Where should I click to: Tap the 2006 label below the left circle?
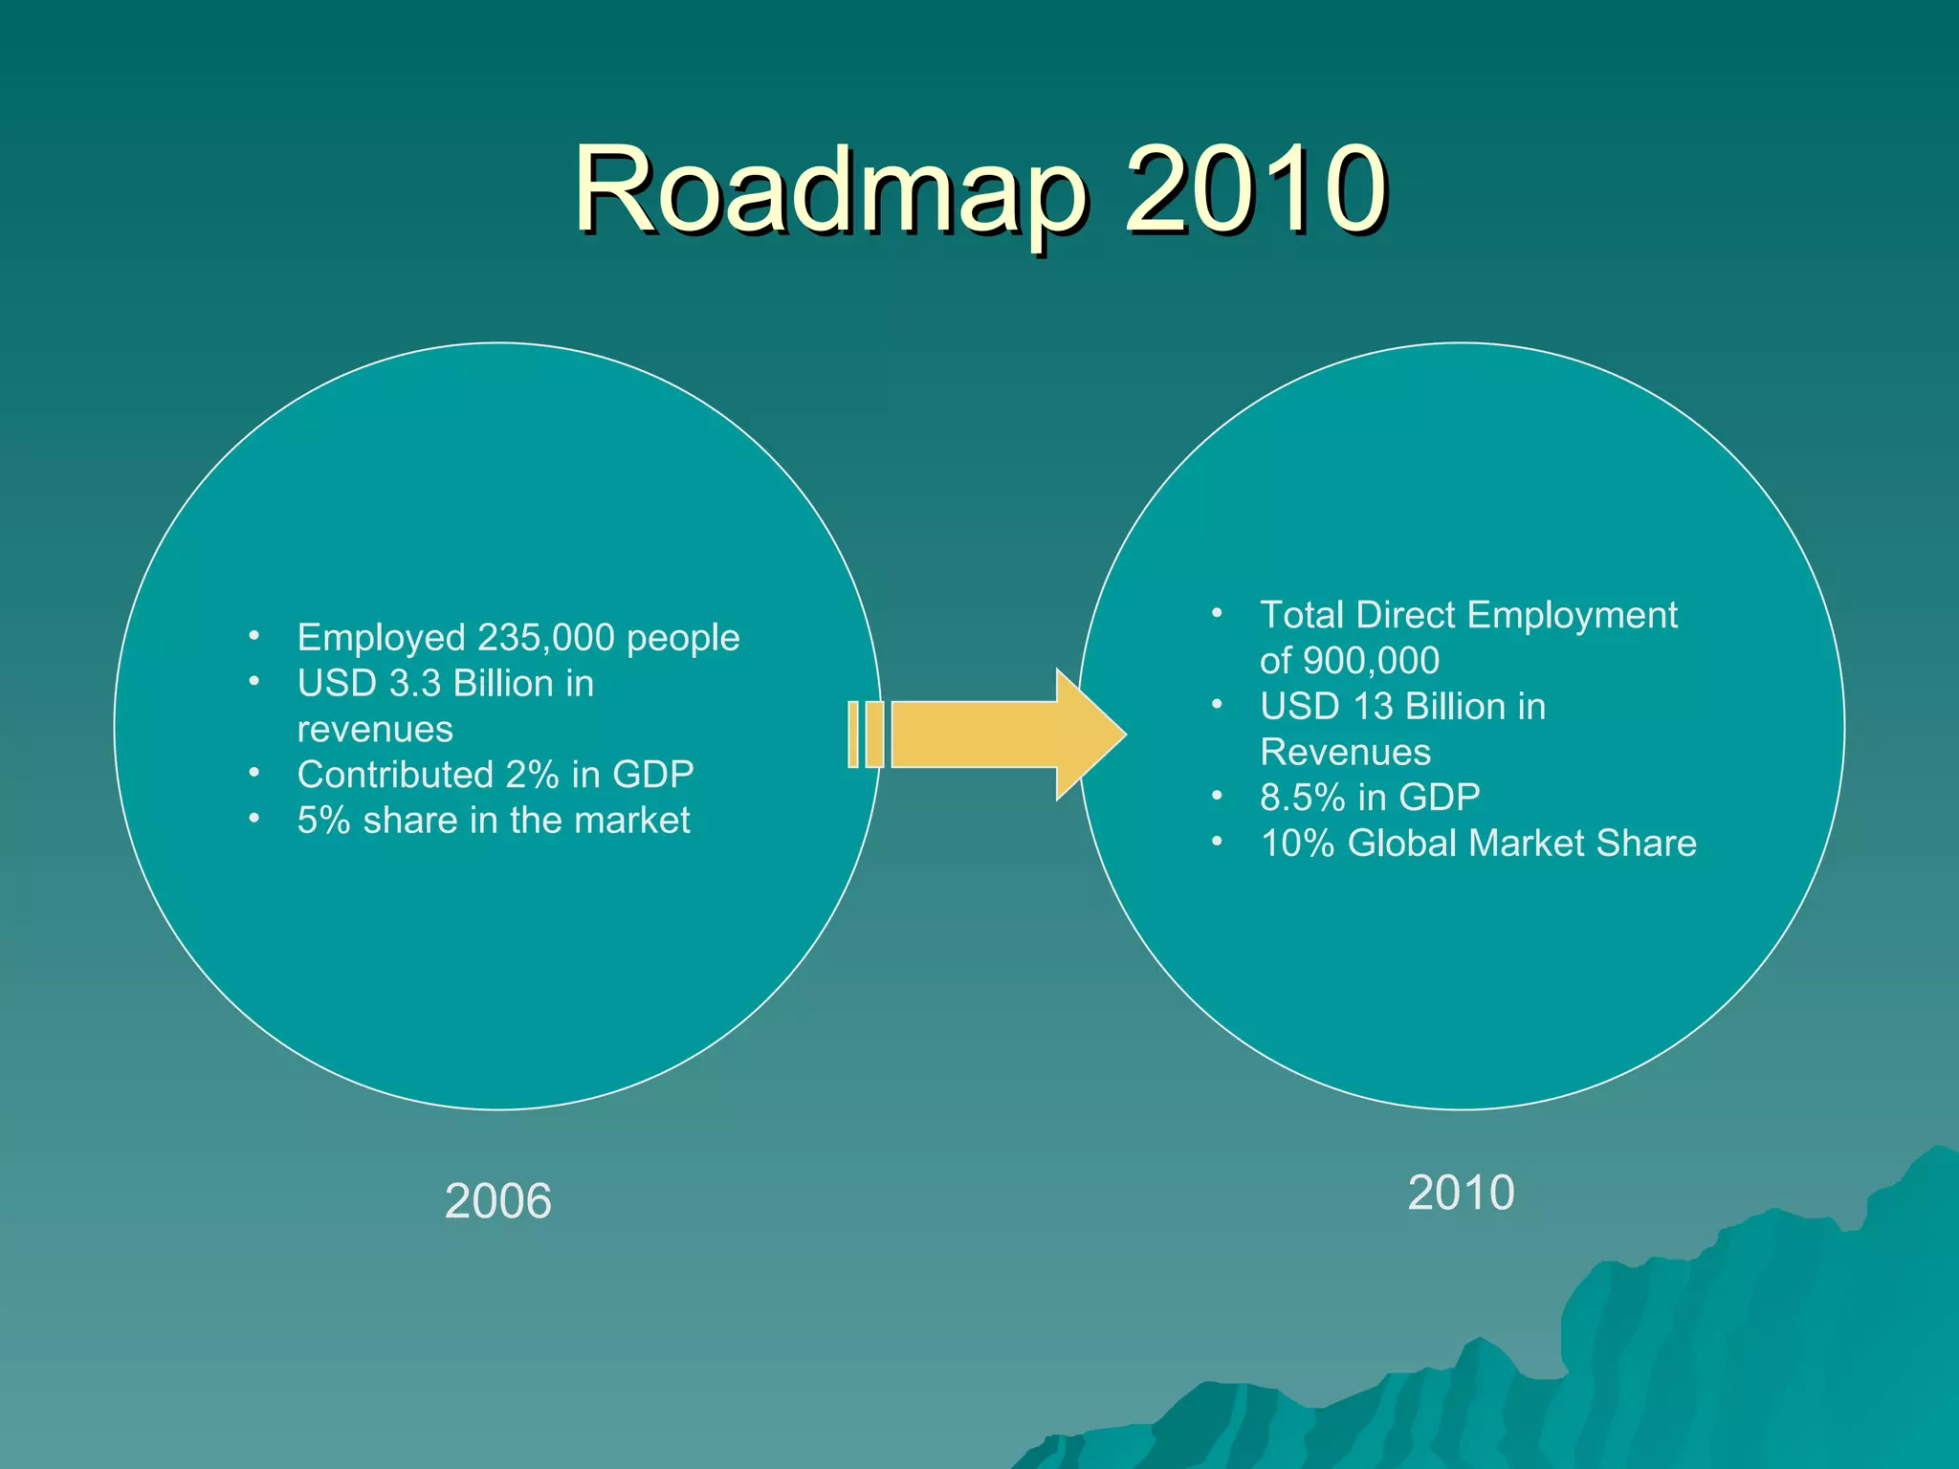tap(497, 1200)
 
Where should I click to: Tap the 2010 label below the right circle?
tap(1461, 1193)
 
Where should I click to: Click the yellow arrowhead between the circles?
tap(1090, 734)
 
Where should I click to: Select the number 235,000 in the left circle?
tap(545, 638)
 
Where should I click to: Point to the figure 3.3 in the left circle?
tap(415, 684)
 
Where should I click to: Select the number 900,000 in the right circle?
tap(1371, 661)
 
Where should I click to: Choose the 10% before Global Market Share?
tap(1297, 844)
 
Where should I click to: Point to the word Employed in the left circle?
tap(381, 638)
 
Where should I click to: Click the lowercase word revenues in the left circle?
tap(375, 730)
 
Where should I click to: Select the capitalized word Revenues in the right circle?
tap(1345, 753)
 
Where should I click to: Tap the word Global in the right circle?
tap(1402, 844)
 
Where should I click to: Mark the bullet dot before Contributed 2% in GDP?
tap(254, 772)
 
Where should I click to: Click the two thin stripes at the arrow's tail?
tap(865, 734)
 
